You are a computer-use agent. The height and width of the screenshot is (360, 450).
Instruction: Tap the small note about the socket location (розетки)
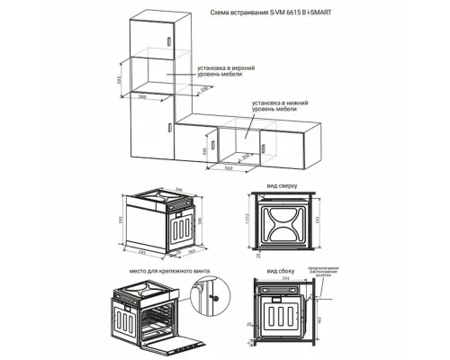[329, 273]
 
